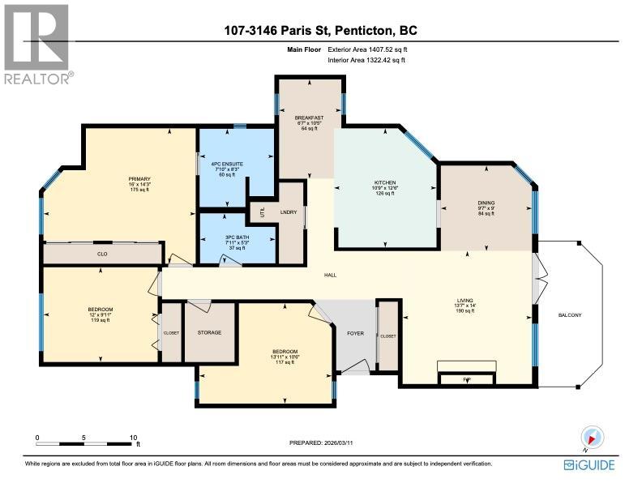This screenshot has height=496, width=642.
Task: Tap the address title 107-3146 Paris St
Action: coord(321,32)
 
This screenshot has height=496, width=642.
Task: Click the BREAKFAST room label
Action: coord(309,118)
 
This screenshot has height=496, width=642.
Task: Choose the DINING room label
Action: coord(486,203)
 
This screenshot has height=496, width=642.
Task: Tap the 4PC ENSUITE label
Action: coord(227,164)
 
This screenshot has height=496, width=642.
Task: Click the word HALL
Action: coord(331,276)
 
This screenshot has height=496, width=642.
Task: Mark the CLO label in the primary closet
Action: coord(102,254)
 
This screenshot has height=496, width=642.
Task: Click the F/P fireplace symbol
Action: coord(466,378)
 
